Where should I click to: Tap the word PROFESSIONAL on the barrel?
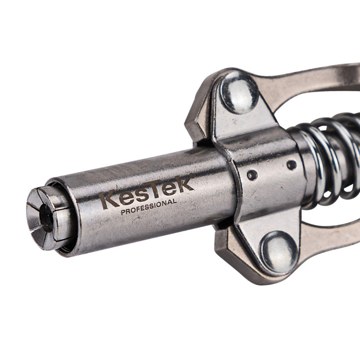click(149, 207)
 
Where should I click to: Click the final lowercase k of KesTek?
click(184, 184)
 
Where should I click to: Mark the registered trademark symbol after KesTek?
click(192, 176)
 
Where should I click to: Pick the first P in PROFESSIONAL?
click(123, 212)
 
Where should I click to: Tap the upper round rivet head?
click(239, 92)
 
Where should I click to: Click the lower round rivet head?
click(279, 252)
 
